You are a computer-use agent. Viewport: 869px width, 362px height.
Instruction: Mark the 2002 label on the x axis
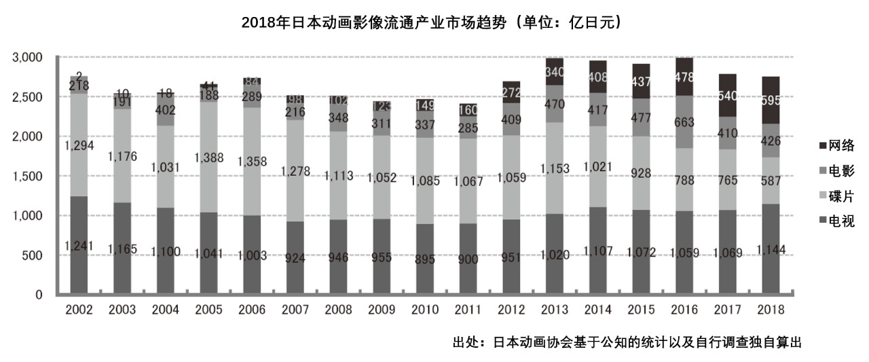click(x=79, y=310)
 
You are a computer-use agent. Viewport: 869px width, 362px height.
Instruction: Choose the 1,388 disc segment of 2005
click(x=208, y=158)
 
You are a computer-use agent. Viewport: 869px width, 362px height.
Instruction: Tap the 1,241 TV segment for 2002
click(x=79, y=245)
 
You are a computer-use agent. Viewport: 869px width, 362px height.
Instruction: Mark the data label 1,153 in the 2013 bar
click(x=553, y=168)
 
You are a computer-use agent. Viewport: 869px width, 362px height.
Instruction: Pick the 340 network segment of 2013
click(x=553, y=71)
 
